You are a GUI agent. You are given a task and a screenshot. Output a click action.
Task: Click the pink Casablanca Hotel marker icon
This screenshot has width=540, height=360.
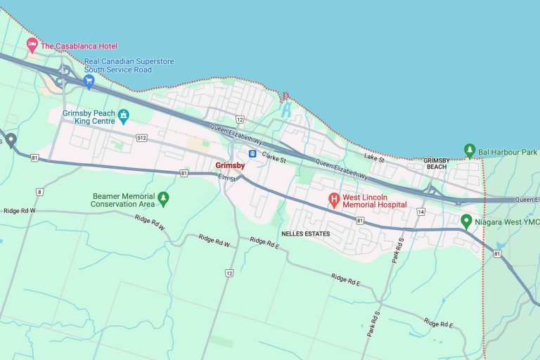[32, 46]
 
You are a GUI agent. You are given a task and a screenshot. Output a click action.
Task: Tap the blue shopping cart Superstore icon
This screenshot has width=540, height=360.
[89, 81]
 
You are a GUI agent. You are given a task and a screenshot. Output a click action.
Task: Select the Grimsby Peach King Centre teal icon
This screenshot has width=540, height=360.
[124, 115]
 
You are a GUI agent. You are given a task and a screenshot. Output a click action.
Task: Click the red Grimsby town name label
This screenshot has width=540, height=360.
[230, 165]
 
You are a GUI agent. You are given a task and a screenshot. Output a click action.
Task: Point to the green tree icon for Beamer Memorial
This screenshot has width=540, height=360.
[163, 199]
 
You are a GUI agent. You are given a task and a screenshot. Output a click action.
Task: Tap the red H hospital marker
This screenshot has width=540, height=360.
[334, 200]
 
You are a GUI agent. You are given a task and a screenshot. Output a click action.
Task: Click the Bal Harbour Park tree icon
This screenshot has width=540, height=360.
[470, 150]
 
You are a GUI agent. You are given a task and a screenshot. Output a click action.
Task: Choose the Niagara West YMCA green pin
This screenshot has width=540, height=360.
[465, 221]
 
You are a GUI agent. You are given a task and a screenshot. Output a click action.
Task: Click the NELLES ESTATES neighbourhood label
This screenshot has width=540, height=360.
[305, 233]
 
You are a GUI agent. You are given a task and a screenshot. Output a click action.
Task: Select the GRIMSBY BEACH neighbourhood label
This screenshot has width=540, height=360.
[436, 164]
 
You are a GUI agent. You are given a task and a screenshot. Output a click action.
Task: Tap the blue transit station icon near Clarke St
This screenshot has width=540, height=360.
[252, 154]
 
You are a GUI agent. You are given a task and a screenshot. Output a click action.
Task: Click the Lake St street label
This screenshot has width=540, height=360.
[375, 159]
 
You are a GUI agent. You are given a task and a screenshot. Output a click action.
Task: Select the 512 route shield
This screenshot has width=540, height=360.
[142, 138]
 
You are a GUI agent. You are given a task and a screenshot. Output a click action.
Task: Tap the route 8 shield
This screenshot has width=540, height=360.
[39, 191]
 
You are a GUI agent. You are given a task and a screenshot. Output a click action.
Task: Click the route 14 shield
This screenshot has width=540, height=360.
[420, 211]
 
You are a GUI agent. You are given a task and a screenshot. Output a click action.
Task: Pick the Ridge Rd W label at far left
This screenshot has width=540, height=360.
[19, 210]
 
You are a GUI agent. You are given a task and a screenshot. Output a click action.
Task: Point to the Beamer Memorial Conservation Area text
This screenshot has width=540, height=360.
[122, 200]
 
